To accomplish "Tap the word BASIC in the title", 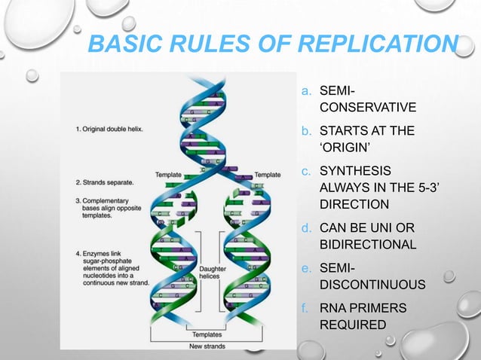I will pos(121,45).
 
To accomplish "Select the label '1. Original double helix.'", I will pos(109,129).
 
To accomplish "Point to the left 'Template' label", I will pos(167,175).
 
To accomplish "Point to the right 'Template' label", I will pos(268,175).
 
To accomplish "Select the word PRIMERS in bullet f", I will pos(381,309).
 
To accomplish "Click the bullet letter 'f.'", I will pos(305,309).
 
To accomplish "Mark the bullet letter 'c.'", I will pos(305,171).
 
